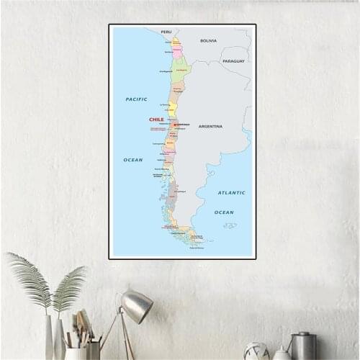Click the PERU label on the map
[166, 32]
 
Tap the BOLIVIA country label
[208, 40]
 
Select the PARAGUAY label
[233, 61]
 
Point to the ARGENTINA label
[210, 126]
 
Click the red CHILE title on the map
[156, 120]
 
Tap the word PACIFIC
[136, 99]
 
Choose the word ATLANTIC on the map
[231, 192]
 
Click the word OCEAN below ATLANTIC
[224, 212]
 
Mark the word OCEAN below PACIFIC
[132, 159]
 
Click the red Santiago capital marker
[174, 124]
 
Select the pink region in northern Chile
[176, 52]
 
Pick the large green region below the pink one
[181, 70]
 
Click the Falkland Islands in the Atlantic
[230, 225]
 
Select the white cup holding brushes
[75, 353]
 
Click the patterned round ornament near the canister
[256, 351]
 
